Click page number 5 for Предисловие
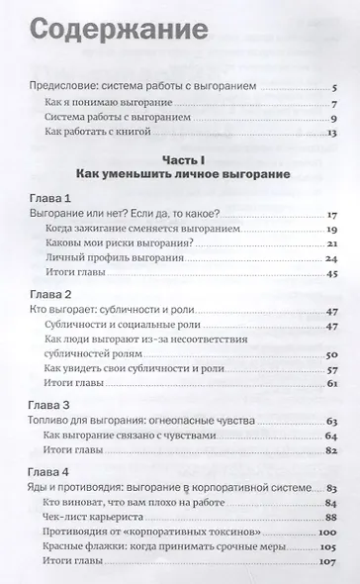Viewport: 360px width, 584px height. [x=337, y=89]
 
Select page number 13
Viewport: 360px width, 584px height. [x=333, y=135]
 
